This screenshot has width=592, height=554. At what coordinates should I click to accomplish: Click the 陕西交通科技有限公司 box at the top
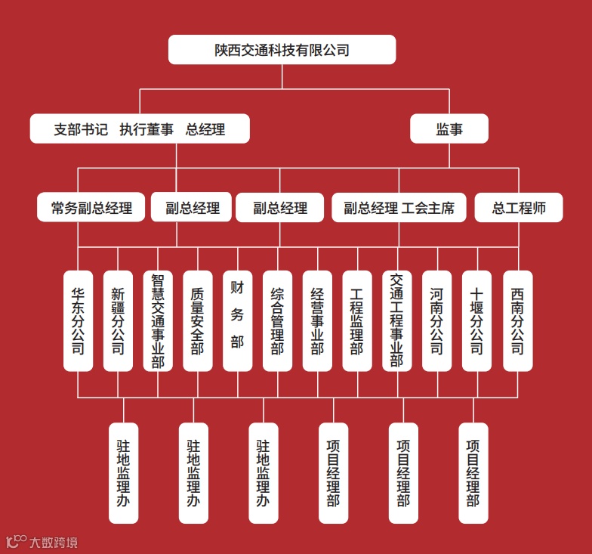pos(282,50)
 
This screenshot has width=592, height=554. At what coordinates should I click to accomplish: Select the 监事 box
pos(449,129)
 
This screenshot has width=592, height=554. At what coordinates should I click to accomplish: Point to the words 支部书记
pos(80,129)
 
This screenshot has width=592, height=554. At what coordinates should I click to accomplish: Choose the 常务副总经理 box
pos(91,208)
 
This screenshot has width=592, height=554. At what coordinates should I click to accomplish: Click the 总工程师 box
pos(519,208)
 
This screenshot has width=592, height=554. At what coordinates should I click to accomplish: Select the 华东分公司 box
pos(78,320)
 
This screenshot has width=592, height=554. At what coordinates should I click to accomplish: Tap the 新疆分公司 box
pos(118,320)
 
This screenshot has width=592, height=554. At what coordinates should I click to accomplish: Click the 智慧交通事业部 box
pos(158,320)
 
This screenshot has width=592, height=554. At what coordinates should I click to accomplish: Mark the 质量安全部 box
pos(197,320)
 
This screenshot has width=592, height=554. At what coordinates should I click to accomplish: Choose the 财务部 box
pos(237,320)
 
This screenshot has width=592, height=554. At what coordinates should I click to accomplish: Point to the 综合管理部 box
pos(277,320)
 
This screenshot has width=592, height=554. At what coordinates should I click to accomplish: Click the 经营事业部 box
pos(317,320)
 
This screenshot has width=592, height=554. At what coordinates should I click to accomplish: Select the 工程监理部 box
pos(357,320)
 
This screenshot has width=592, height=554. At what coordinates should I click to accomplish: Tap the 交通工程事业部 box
pos(397,320)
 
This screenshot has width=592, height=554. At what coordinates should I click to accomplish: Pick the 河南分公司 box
pos(436,320)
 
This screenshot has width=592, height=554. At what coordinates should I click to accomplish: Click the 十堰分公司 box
pos(476,320)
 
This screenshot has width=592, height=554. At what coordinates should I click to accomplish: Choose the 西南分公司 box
pos(517,320)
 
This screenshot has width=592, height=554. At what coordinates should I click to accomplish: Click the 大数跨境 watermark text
pos(53,542)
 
